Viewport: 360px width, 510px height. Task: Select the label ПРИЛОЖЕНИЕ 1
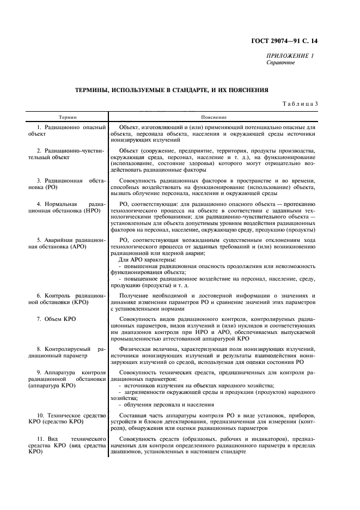coord(290,56)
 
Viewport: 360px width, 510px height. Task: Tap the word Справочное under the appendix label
coord(280,63)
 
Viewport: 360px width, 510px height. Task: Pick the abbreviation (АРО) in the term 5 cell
coord(76,245)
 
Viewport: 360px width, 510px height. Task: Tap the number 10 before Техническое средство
coord(39,416)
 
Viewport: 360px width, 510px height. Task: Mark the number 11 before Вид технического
coord(39,439)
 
